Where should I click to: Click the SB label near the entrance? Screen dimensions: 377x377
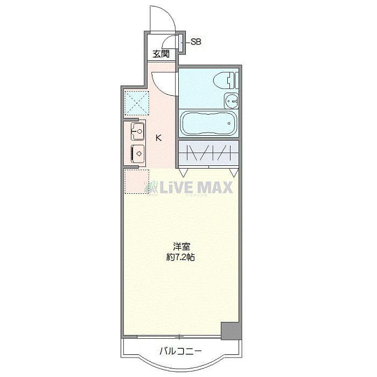point(197,41)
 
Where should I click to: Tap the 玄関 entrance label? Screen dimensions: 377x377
point(160,54)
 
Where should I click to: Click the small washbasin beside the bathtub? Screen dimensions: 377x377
point(232,100)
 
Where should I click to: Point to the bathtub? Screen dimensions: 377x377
point(208,123)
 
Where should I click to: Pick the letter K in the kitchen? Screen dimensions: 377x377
point(158,138)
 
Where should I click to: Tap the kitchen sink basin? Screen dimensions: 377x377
point(137,130)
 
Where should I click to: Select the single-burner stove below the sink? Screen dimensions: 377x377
point(138,153)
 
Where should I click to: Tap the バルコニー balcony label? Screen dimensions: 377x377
point(180,352)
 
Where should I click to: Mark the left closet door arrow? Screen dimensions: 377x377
point(184,173)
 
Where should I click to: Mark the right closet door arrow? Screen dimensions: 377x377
point(233,173)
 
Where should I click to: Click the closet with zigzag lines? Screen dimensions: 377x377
point(208,153)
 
